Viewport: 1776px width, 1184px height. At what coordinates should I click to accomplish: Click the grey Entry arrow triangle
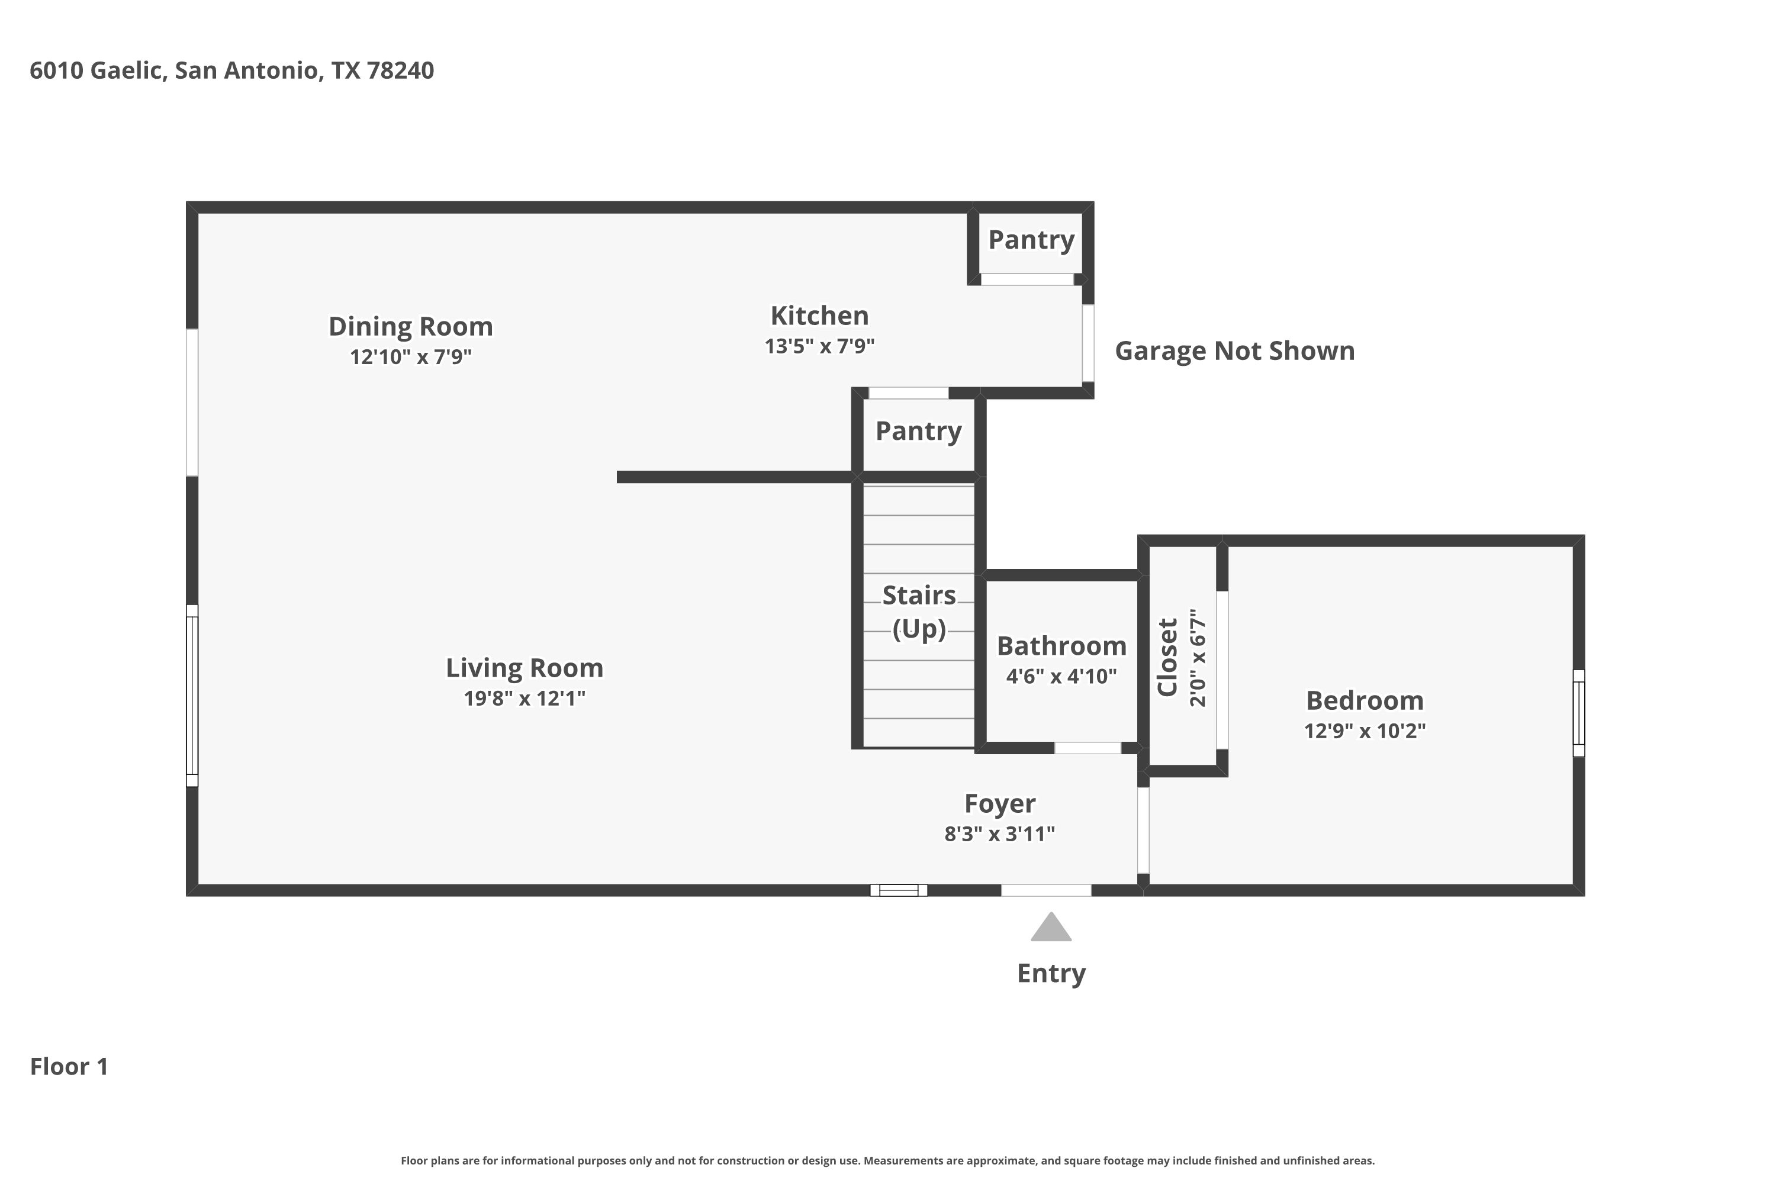click(x=1051, y=928)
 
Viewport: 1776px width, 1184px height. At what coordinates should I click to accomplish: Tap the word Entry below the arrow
click(x=1051, y=973)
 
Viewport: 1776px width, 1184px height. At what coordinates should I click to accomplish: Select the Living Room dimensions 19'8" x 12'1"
click(x=525, y=699)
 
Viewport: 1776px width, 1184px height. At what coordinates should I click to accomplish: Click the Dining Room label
click(x=411, y=327)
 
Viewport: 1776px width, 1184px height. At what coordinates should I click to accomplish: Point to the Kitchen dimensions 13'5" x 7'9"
click(x=819, y=346)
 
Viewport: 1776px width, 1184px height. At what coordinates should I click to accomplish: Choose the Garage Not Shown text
click(x=1234, y=351)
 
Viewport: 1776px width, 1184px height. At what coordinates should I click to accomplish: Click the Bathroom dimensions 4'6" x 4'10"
click(x=1061, y=676)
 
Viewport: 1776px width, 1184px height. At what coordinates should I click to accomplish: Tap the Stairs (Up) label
click(x=919, y=612)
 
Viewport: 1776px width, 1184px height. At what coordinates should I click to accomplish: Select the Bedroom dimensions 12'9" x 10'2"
click(x=1365, y=731)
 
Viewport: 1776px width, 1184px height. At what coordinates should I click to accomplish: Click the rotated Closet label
click(x=1168, y=657)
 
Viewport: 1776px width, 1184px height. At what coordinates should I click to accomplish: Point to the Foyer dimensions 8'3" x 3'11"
click(x=1000, y=834)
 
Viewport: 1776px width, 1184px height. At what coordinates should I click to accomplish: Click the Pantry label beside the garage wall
click(x=1031, y=240)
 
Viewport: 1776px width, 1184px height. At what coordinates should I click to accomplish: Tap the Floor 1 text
click(x=69, y=1066)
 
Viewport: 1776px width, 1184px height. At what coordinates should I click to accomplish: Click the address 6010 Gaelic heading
click(x=232, y=70)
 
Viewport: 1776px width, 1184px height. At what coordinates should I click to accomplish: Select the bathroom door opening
click(x=1088, y=748)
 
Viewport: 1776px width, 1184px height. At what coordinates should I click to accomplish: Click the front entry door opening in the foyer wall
click(x=1046, y=890)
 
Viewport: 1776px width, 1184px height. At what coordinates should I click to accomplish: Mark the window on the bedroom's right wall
click(x=1578, y=713)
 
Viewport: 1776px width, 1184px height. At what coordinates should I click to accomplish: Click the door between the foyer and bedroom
click(x=1143, y=831)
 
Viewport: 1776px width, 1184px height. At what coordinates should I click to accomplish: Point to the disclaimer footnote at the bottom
click(x=888, y=1160)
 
